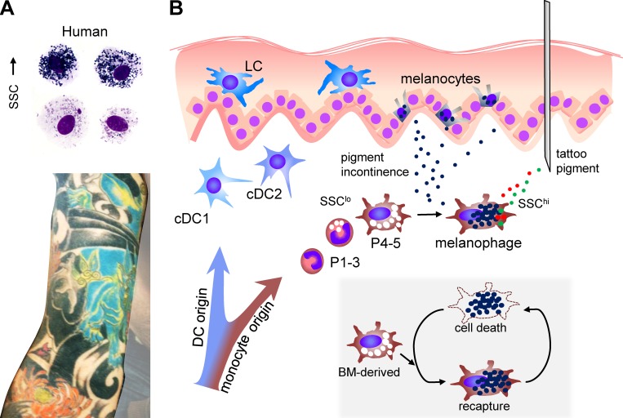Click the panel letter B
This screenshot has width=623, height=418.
pyautogui.click(x=174, y=9)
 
